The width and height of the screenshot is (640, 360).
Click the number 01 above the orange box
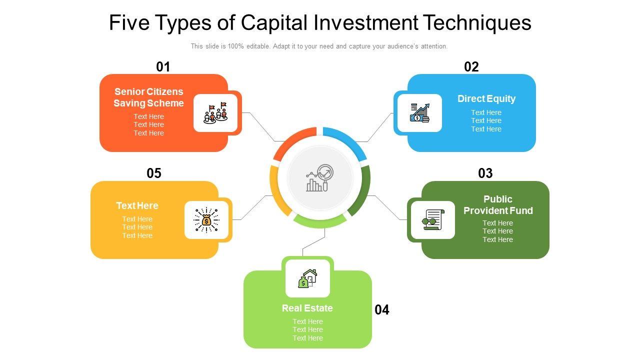pyautogui.click(x=163, y=67)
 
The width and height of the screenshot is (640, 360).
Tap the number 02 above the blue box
pyautogui.click(x=471, y=67)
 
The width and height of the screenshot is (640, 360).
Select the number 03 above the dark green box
pyautogui.click(x=485, y=173)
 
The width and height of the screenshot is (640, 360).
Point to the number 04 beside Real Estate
pyautogui.click(x=382, y=310)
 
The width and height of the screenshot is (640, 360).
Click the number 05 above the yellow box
pyautogui.click(x=154, y=173)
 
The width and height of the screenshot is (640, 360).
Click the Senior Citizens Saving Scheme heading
pyautogui.click(x=148, y=97)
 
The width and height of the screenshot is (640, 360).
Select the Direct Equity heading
pyautogui.click(x=486, y=98)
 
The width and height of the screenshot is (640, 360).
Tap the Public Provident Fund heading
pyautogui.click(x=498, y=205)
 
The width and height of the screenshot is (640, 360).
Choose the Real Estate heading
pyautogui.click(x=307, y=308)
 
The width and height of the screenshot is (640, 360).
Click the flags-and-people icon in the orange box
pyautogui.click(x=215, y=113)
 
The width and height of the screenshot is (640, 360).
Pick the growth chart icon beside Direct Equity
pyautogui.click(x=420, y=113)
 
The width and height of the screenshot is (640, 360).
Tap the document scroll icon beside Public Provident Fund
pyautogui.click(x=433, y=220)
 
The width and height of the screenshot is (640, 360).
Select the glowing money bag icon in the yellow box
pyautogui.click(x=206, y=220)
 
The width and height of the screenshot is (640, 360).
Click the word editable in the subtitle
pyautogui.click(x=256, y=46)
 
